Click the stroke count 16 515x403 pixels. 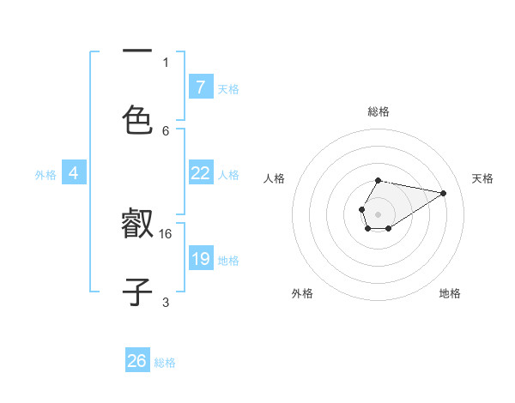166,233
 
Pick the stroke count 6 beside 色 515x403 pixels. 166,130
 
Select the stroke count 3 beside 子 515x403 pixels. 166,302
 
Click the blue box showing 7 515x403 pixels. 200,87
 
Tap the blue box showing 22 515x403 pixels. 200,173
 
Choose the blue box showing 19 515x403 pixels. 200,258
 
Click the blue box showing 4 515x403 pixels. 74,173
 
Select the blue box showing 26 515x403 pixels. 137,361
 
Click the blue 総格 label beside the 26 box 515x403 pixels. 165,363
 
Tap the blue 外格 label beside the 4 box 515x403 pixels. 45,175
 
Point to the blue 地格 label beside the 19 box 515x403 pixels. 228,261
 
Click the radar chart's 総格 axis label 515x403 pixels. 378,111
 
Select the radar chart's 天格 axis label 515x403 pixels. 482,178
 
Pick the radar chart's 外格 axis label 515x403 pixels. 302,293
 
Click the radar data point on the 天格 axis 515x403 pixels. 444,193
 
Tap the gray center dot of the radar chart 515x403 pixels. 378,213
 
